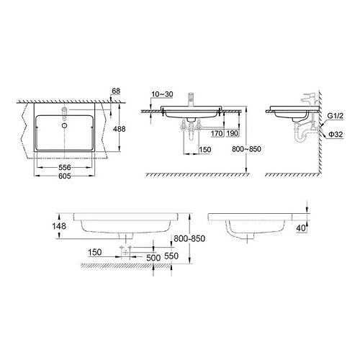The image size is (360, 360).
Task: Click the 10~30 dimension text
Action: (161, 94)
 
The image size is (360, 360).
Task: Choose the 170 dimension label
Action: (216, 134)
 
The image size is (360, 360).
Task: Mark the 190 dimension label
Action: (232, 134)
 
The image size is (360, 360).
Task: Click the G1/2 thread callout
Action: (336, 116)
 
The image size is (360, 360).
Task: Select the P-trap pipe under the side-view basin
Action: (297, 134)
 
